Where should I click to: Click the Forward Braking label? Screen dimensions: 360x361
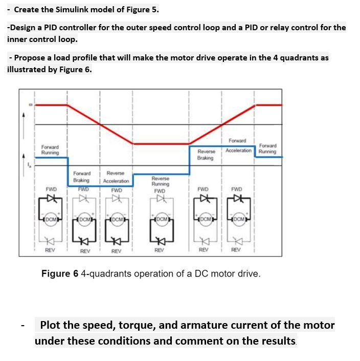click(82, 177)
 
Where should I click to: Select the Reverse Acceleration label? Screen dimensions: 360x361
click(116, 177)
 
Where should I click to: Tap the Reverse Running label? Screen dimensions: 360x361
click(160, 181)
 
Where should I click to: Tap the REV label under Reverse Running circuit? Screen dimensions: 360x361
click(160, 250)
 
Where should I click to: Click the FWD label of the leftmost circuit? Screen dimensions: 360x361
click(51, 189)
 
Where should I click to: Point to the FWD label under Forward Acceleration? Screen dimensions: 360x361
click(237, 189)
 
